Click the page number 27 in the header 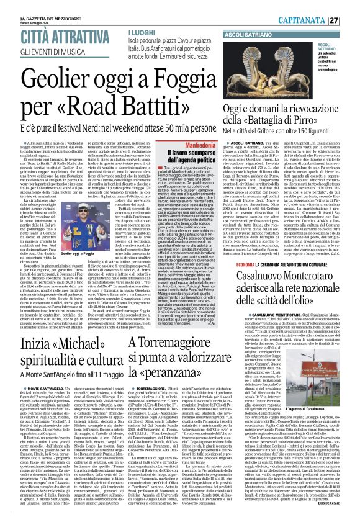coord(351,20)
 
